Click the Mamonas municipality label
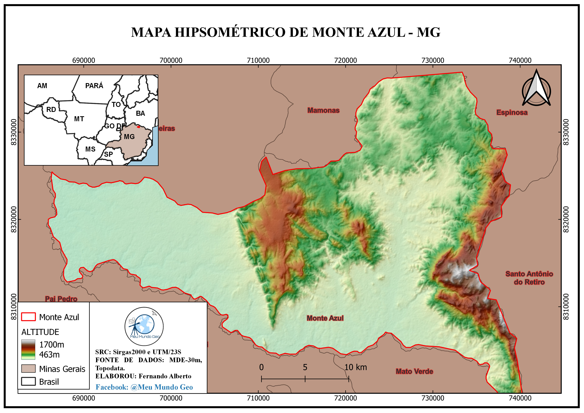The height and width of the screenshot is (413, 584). tap(323, 110)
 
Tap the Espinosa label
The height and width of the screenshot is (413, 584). tap(512, 112)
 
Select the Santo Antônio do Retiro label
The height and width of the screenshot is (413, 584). tap(529, 278)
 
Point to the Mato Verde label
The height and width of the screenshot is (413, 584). tap(414, 371)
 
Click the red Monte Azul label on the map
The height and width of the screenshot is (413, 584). tap(325, 318)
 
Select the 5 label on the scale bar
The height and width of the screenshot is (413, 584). tap(305, 367)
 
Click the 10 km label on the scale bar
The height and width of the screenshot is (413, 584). tap(355, 367)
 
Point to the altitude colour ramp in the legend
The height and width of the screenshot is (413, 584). tap(28, 349)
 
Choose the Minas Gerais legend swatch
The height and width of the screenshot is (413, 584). tap(28, 369)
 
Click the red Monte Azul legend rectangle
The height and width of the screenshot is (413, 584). tap(28, 317)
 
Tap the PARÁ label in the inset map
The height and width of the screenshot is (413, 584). tap(94, 86)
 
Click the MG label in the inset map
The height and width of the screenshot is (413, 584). tap(129, 137)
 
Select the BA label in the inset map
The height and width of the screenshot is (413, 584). tap(140, 113)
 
